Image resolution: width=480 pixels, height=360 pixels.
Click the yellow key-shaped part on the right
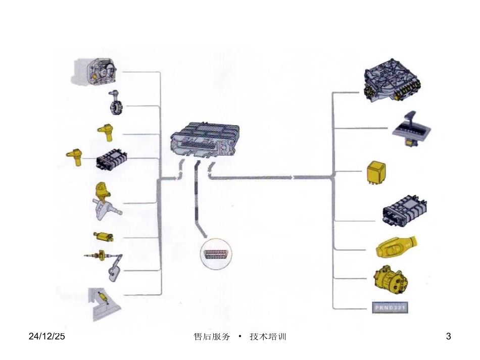click(396, 247)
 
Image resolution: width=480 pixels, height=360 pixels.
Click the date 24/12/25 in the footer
click(46, 336)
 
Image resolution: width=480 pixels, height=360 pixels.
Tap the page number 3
click(448, 336)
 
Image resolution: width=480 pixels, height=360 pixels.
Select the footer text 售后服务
click(212, 336)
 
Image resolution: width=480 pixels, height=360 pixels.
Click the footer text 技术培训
click(268, 336)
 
